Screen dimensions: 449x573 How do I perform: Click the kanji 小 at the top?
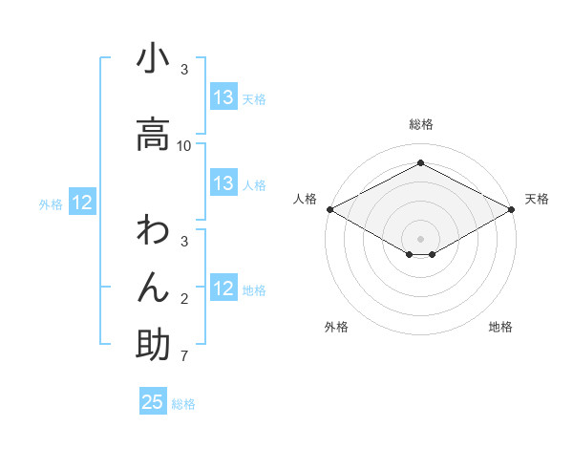point(153,59)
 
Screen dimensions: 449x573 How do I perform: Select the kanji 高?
point(153,135)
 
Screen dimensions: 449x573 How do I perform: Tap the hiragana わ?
point(153,231)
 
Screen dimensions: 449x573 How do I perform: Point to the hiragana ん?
point(153,288)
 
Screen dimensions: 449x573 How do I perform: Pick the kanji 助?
point(153,344)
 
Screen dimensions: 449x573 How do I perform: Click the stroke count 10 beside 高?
point(184,146)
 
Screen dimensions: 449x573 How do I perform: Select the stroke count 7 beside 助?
point(183,356)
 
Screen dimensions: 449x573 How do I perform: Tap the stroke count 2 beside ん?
point(184,300)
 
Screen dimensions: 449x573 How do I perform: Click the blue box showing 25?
point(153,402)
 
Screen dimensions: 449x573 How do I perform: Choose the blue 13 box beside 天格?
point(223,97)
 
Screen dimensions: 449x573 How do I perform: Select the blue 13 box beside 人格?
point(223,183)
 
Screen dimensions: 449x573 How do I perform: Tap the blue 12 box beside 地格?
point(223,289)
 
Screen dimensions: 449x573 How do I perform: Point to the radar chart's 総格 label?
point(421,124)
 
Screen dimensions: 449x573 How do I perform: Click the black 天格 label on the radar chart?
point(537,199)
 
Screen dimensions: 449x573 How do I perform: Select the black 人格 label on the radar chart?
point(305,199)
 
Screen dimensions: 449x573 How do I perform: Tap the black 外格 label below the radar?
point(336,327)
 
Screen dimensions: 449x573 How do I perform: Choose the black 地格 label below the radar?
point(500,327)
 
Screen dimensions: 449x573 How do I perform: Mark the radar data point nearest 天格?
point(513,209)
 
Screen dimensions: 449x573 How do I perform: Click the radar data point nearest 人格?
point(329,209)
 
